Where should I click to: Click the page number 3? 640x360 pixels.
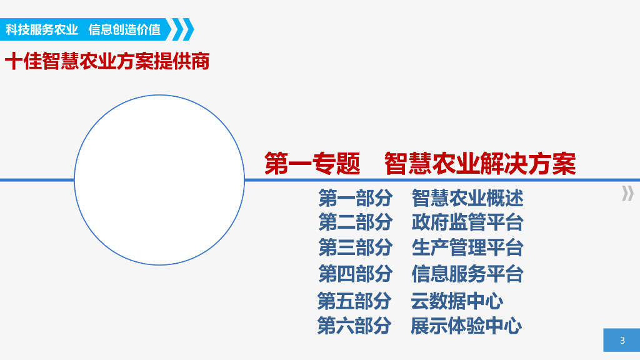[622, 341]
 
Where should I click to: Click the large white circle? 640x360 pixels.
[159, 180]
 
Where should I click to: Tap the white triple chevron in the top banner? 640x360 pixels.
[182, 29]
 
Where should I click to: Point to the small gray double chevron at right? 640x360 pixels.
[627, 194]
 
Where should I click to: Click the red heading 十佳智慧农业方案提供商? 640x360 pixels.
[107, 62]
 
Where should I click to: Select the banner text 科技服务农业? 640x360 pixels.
[42, 29]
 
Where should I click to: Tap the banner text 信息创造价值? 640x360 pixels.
[124, 29]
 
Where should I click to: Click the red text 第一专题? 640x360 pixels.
[312, 164]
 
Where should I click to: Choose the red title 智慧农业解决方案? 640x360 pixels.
[479, 164]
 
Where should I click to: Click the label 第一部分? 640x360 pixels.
[355, 198]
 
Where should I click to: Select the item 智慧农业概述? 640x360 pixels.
[467, 198]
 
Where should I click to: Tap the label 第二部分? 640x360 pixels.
[355, 222]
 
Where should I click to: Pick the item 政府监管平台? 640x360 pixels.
[467, 222]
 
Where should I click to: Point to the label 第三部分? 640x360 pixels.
[355, 247]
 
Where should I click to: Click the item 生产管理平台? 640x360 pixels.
[467, 247]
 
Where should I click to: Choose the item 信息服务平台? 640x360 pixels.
[467, 274]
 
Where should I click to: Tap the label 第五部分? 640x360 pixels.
[354, 301]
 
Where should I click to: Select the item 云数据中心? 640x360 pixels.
[457, 301]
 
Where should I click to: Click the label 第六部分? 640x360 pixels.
[354, 326]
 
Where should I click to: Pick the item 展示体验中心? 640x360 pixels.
[466, 326]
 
